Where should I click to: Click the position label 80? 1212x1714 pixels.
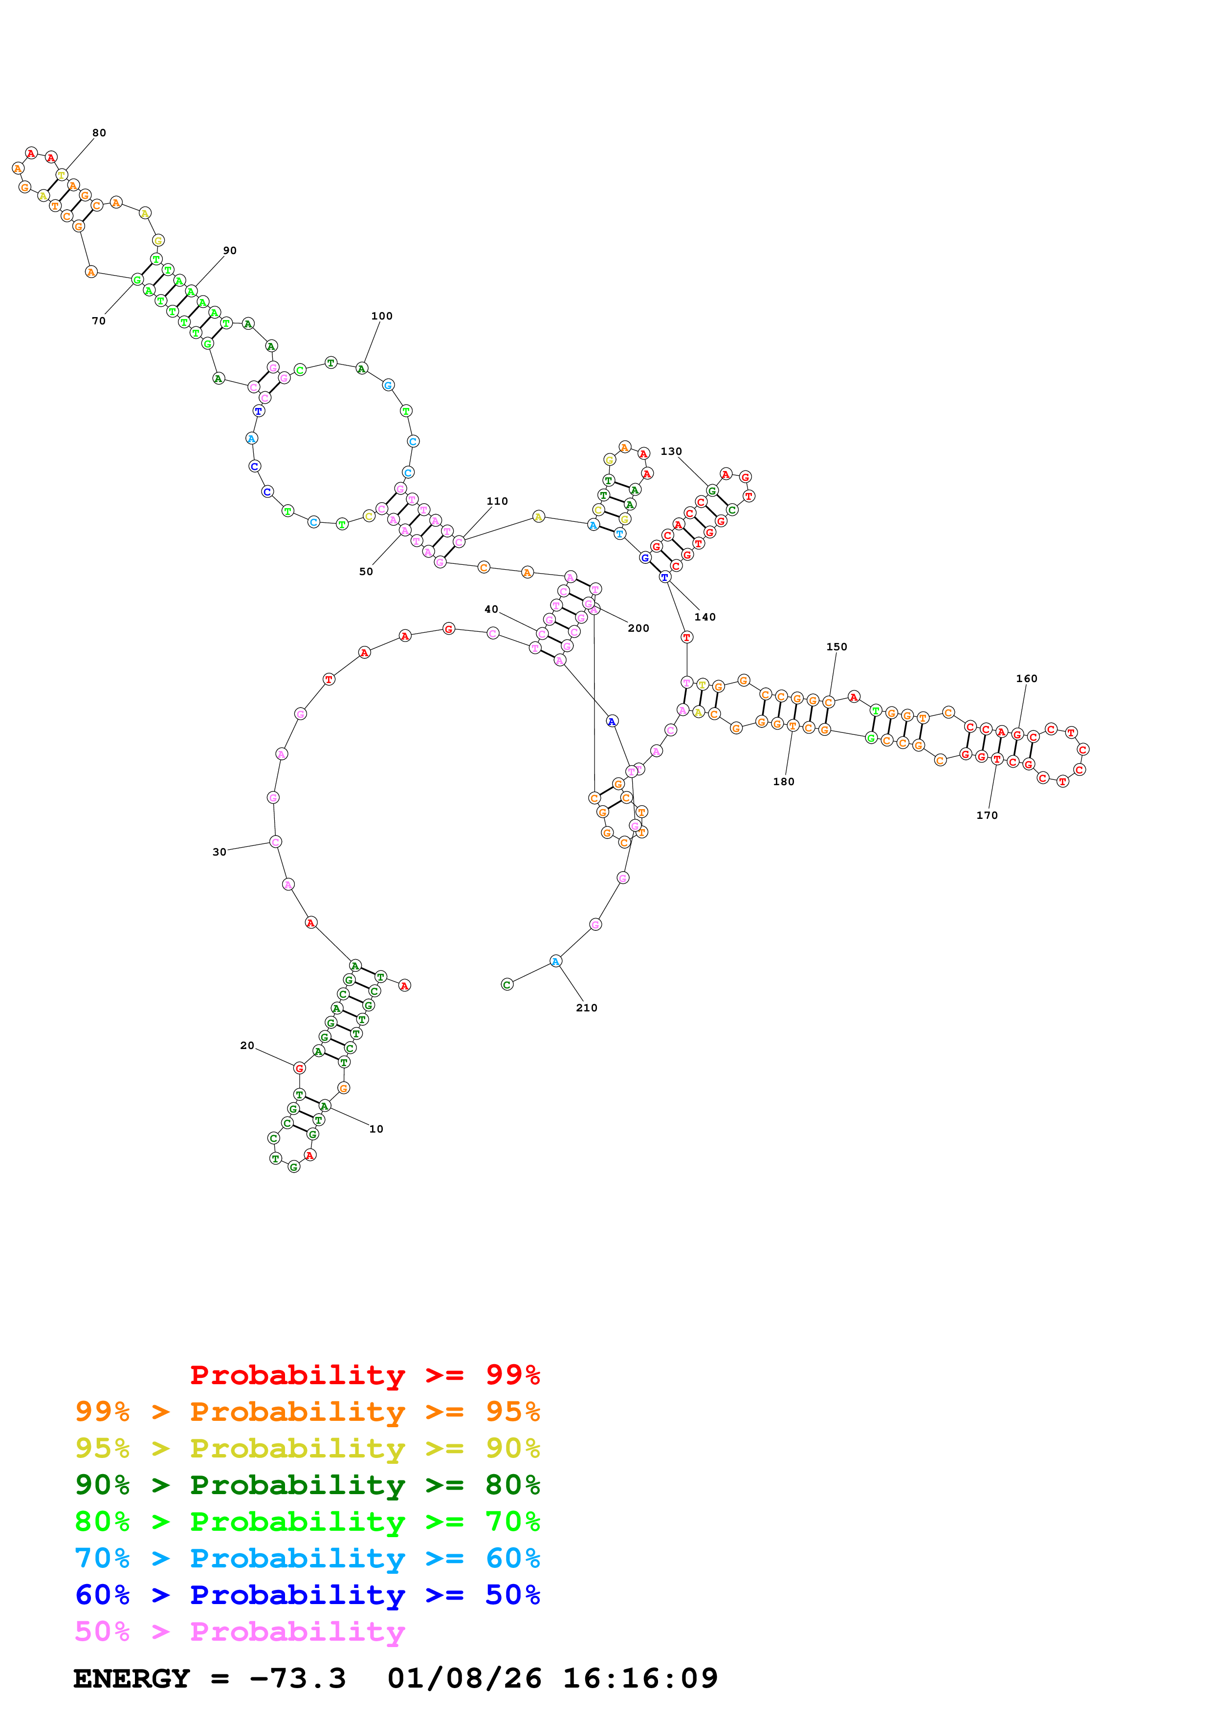[99, 133]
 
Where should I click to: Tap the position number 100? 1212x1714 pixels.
[382, 316]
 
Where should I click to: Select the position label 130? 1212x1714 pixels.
[671, 451]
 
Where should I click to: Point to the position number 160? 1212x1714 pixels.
[1026, 679]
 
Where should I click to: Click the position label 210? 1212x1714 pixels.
[586, 1008]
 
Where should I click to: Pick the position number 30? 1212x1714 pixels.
[219, 852]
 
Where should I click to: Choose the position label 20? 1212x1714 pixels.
[247, 1045]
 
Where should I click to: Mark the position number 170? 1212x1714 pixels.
[987, 815]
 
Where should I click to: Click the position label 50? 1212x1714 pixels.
[366, 572]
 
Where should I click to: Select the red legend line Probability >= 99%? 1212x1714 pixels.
[364, 1375]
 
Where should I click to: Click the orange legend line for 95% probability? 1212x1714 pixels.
[307, 1412]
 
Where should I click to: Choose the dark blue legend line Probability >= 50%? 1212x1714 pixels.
[307, 1595]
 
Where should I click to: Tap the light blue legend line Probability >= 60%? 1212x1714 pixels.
[307, 1558]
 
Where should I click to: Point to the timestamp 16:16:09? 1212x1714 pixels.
[640, 1678]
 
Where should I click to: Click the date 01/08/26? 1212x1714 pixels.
[464, 1678]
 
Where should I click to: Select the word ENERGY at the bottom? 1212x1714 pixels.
[132, 1678]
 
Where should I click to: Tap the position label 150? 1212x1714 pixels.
[837, 646]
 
